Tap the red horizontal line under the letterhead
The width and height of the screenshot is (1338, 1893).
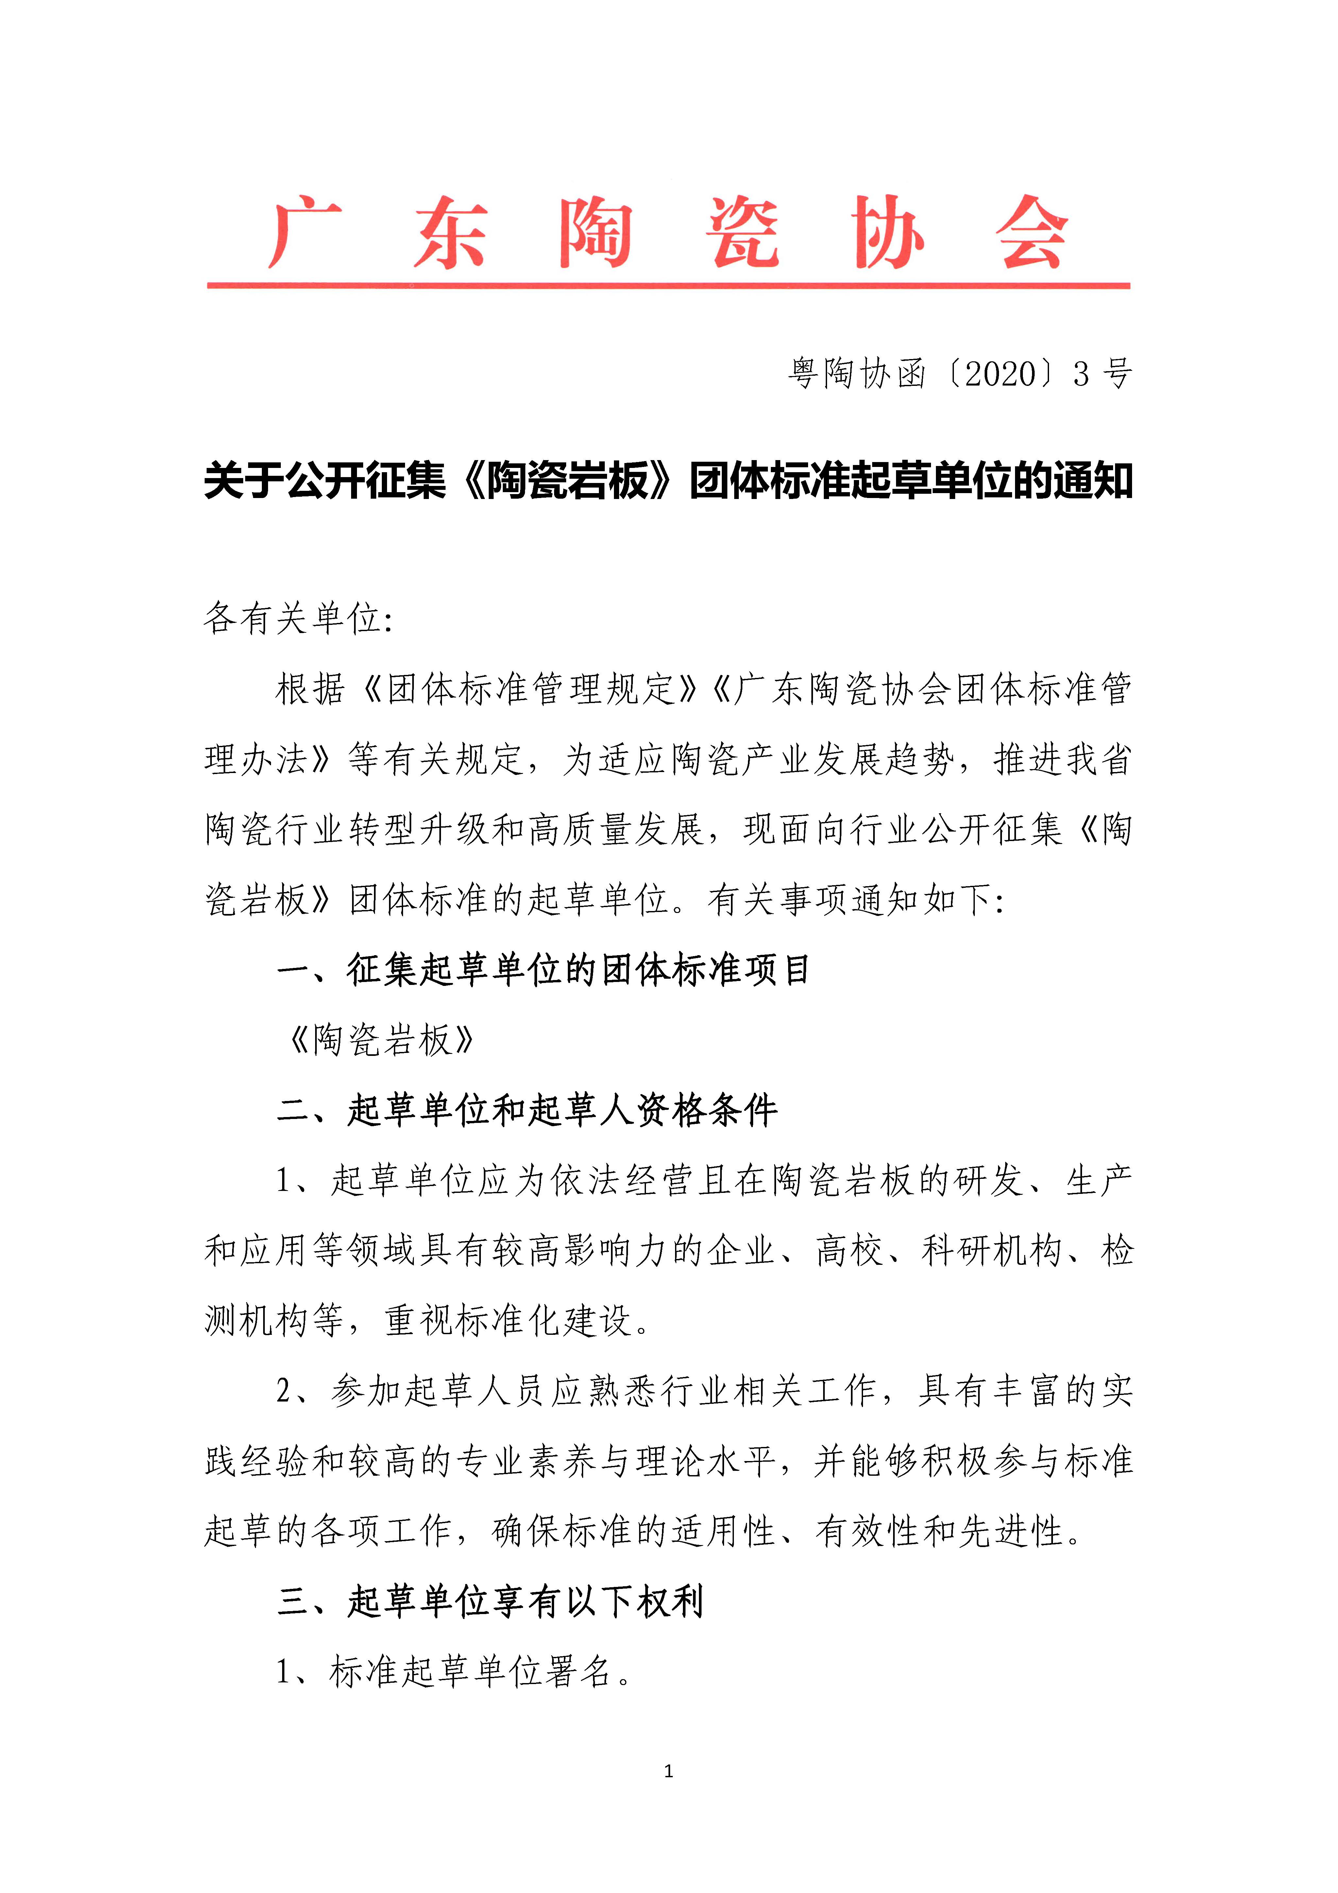pyautogui.click(x=668, y=285)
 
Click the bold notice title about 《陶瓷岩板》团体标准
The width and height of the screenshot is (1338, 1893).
pyautogui.click(x=668, y=481)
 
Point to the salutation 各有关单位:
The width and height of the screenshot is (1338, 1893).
pyautogui.click(x=298, y=618)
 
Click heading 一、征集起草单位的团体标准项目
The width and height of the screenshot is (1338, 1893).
pyautogui.click(x=544, y=970)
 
